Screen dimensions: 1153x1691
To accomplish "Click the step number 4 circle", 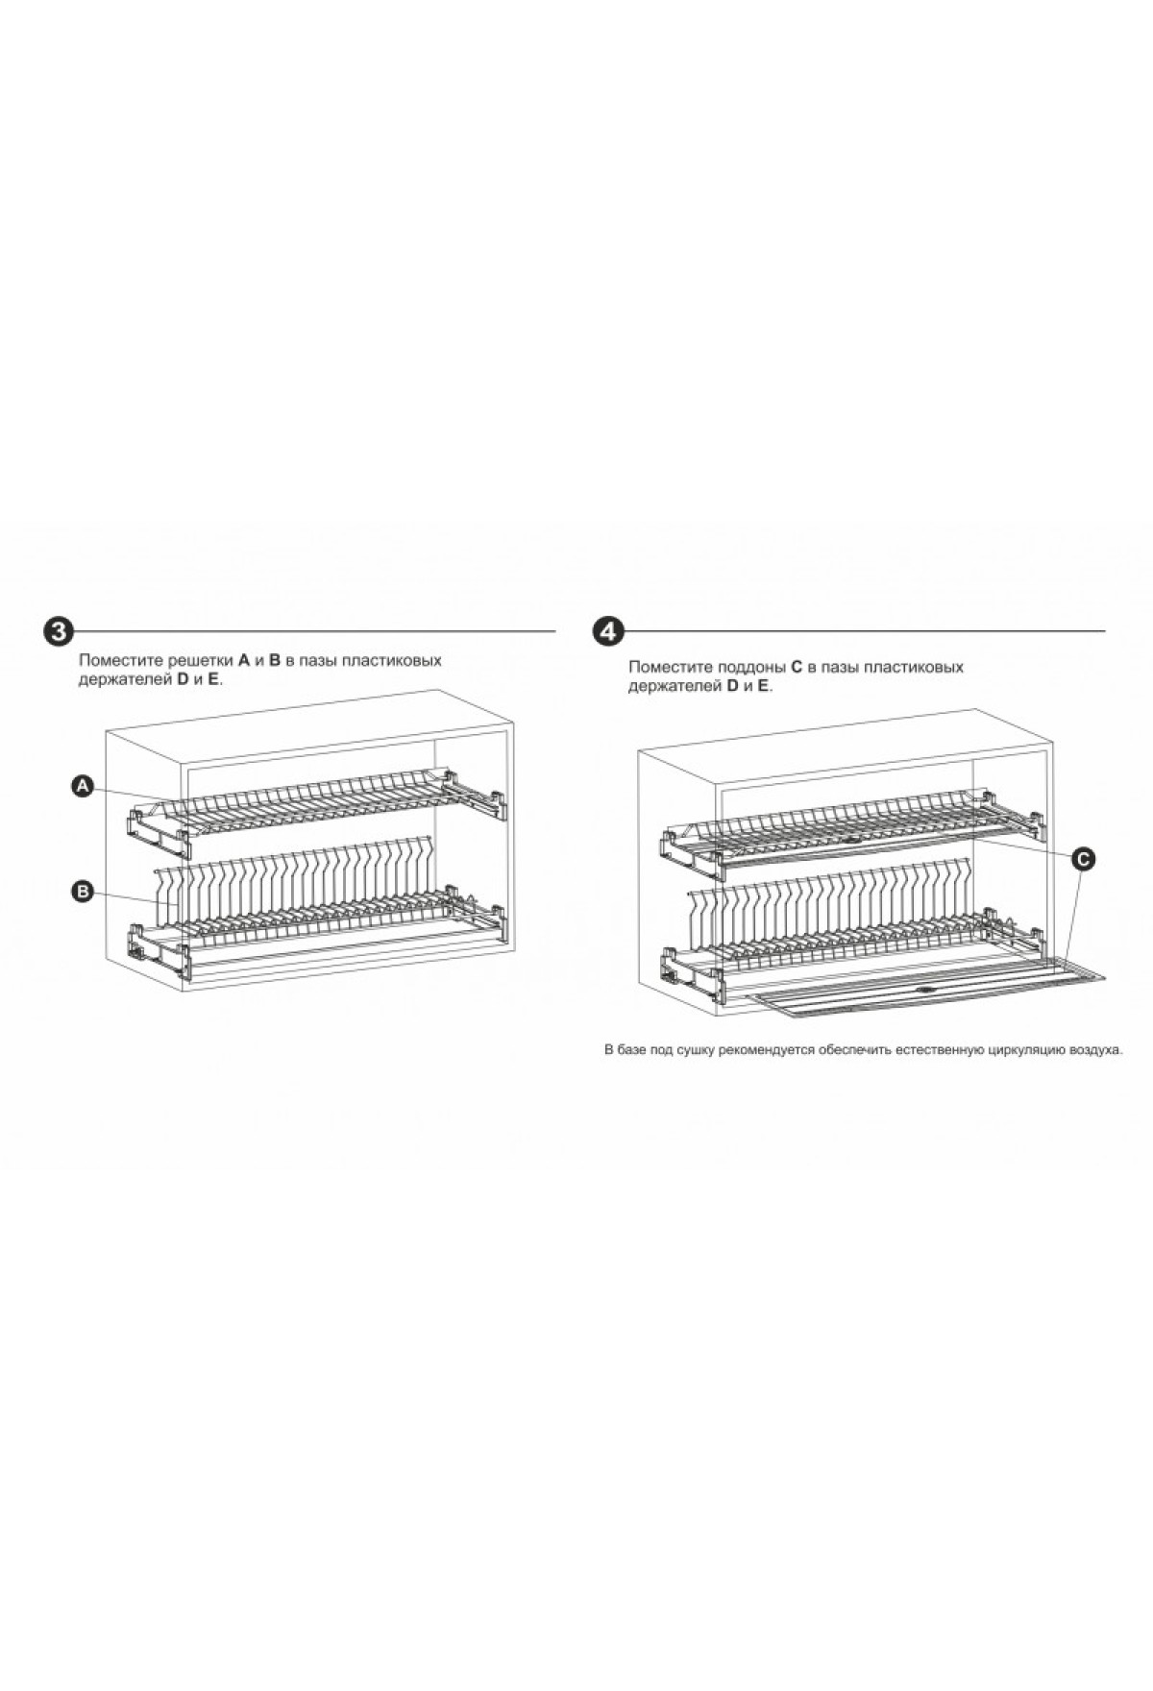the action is click(609, 631).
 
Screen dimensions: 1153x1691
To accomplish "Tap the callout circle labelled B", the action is click(83, 893).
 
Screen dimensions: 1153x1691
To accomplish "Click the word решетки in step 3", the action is click(201, 661).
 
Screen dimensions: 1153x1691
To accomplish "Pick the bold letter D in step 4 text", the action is click(732, 686).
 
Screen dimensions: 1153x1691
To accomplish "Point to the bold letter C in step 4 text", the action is click(796, 667).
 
